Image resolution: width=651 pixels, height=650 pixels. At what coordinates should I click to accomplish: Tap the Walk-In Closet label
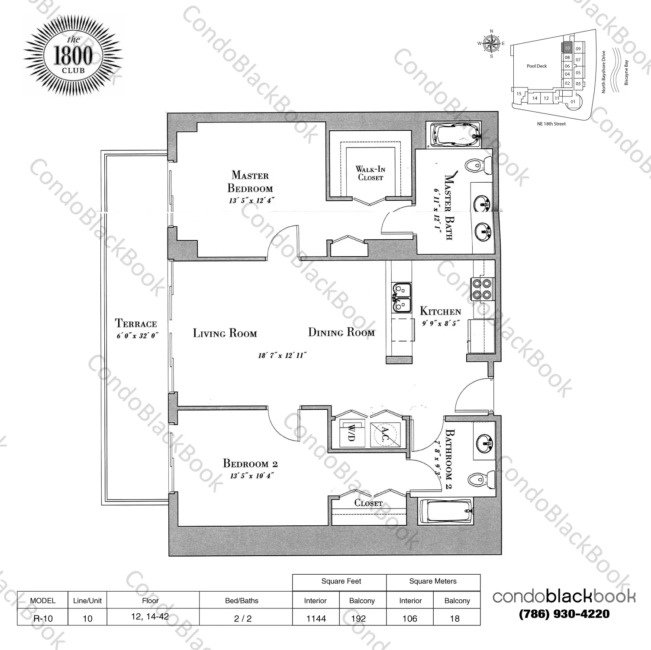(370, 173)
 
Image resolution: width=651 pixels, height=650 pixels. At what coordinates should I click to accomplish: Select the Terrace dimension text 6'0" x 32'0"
(136, 335)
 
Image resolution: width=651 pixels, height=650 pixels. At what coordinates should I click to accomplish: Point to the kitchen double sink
(402, 297)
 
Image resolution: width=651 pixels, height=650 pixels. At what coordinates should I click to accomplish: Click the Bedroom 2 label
(250, 463)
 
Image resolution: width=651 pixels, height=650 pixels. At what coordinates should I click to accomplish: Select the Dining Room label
(341, 332)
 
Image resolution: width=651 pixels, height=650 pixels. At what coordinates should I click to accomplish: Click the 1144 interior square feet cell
(316, 618)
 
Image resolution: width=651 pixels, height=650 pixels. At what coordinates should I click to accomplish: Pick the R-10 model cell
(42, 618)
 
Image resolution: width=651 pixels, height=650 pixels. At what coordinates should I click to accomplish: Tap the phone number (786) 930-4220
(564, 614)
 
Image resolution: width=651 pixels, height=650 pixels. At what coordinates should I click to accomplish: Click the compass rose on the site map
(491, 43)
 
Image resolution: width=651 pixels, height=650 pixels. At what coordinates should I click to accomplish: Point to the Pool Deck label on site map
(537, 66)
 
